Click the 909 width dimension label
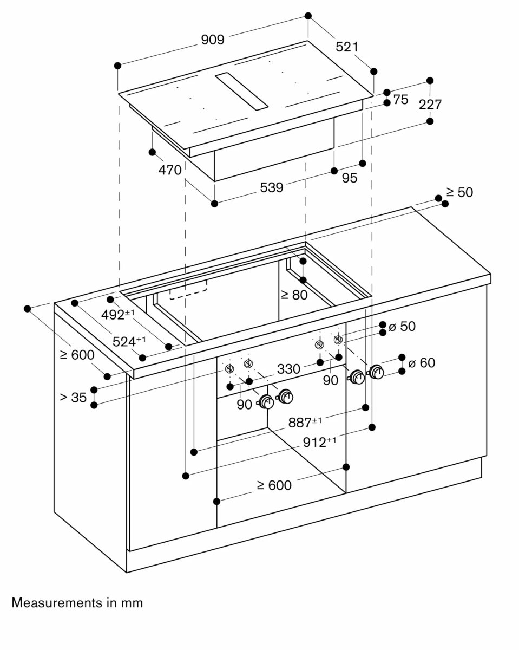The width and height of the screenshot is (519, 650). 213,40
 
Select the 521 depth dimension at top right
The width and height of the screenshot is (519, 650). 347,47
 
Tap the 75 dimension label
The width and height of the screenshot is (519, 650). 400,100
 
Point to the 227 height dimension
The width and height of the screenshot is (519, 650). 430,105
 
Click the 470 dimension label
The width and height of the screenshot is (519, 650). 170,170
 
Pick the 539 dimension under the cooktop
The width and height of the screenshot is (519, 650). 271,187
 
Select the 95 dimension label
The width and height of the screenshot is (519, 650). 350,178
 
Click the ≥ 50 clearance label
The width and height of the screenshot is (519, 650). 459,192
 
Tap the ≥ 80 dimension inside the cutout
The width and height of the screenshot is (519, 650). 294,295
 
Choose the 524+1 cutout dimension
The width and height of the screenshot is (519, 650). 129,341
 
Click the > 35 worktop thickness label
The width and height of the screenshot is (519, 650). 73,398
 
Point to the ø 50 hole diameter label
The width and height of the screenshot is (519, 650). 402,327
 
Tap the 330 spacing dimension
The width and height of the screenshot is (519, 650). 288,369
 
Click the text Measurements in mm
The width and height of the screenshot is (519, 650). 77,602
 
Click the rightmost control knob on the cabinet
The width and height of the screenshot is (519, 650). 376,372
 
